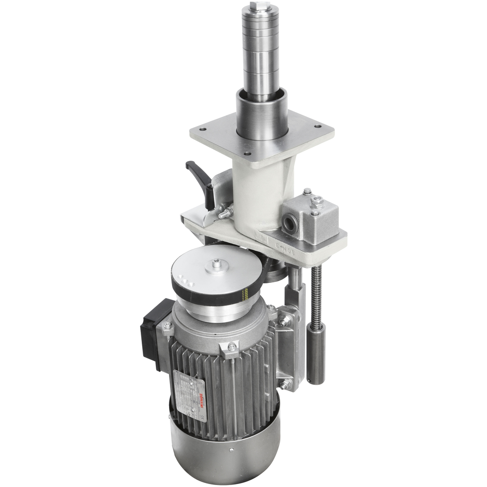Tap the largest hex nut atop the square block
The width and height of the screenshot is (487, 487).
pyautogui.click(x=316, y=200)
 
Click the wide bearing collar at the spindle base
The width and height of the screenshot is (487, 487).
pyautogui.click(x=262, y=114)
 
